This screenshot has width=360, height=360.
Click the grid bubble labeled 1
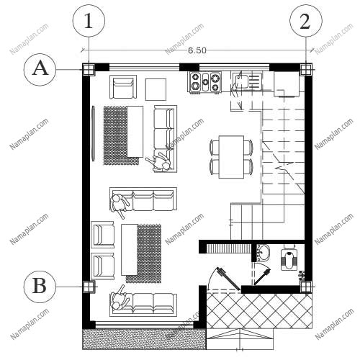coord(89,21)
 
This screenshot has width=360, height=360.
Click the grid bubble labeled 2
coord(306,21)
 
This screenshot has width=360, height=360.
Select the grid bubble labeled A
coord(40,70)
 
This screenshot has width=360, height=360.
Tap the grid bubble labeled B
coord(40,287)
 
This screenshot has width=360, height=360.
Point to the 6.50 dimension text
coord(197,50)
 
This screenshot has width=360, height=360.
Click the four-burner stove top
coord(205,82)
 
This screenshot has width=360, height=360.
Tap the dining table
coord(231,157)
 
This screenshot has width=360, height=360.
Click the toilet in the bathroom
coord(289,258)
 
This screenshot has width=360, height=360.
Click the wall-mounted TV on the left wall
coord(93,133)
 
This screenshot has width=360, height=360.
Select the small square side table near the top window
coord(156,89)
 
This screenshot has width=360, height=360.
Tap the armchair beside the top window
coord(123,86)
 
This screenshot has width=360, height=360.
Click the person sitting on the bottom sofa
coord(120,298)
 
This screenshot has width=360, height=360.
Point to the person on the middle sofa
coord(119,204)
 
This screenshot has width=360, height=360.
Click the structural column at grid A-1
coord(89,70)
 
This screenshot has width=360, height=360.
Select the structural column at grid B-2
coord(306,287)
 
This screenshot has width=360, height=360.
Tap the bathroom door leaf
coord(262,276)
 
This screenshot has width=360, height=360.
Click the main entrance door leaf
coord(228,279)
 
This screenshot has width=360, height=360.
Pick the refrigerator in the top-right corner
coord(287,84)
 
